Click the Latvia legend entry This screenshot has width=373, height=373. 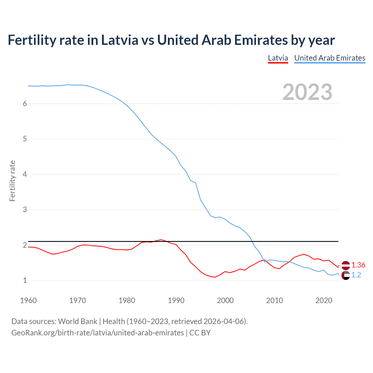(x=278, y=58)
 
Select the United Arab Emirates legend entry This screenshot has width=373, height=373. (x=330, y=58)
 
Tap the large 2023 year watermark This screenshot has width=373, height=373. (x=307, y=92)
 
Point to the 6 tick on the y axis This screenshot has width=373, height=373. (x=25, y=104)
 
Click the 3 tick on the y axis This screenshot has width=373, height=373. (x=25, y=210)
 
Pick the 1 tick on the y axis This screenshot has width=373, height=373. (x=25, y=281)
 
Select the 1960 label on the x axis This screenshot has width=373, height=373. (x=28, y=300)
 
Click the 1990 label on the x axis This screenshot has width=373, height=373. (x=176, y=300)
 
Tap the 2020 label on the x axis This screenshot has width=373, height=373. (x=324, y=300)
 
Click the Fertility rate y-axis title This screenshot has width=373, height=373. (x=12, y=181)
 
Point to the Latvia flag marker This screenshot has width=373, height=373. (x=346, y=265)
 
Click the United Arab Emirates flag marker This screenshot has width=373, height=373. (x=346, y=275)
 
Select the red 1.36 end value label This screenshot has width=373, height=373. (x=358, y=265)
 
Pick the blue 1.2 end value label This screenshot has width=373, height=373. (x=356, y=275)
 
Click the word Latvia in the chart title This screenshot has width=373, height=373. (x=119, y=40)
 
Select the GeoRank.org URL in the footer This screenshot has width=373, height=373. (x=98, y=333)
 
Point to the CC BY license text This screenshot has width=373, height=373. (x=200, y=333)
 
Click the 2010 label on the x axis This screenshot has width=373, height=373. (x=275, y=300)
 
